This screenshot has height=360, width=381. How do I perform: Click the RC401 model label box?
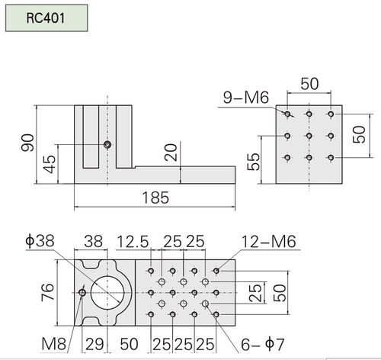[46, 18]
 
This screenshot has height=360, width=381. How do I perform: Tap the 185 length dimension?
[155, 198]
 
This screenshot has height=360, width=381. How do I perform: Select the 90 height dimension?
[27, 143]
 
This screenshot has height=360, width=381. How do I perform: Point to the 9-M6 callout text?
[246, 98]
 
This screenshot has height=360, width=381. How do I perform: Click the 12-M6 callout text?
[269, 242]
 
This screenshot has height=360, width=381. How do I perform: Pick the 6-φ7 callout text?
[262, 344]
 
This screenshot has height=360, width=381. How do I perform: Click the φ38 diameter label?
[40, 240]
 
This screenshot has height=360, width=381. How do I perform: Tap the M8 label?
[54, 344]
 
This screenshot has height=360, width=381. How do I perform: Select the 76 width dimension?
[47, 292]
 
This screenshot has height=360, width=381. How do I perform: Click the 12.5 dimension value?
[133, 242]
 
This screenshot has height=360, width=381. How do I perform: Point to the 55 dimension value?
[254, 161]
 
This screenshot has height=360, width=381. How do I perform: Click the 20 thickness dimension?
[171, 153]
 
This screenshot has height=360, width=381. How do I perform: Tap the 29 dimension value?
[94, 344]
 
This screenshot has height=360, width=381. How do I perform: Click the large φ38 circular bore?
[107, 293]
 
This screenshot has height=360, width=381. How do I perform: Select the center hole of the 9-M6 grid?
[309, 136]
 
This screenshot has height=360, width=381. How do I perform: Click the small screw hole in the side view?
[107, 145]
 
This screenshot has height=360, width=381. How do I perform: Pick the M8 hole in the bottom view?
[82, 293]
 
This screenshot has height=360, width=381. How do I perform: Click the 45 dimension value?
[49, 164]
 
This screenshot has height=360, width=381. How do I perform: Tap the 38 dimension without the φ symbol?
[94, 241]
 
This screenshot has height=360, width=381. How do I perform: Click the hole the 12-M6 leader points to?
[216, 271]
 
